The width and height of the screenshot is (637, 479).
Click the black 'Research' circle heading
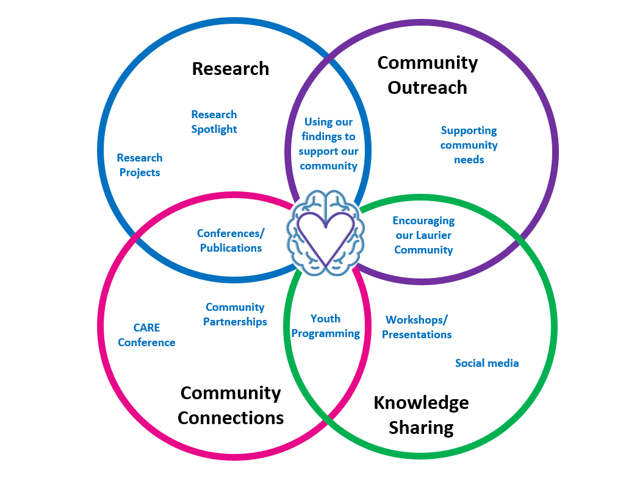231,68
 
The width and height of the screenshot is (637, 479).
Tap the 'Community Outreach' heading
427,75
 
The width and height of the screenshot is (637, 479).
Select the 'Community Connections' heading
231,406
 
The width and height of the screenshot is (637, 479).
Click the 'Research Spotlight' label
214,122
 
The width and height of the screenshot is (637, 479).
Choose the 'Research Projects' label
140,165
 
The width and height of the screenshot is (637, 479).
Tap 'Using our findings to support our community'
328,144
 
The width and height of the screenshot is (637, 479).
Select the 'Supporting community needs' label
469,145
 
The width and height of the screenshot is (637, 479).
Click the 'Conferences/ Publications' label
231,241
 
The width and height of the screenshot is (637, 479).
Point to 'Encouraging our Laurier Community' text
423,235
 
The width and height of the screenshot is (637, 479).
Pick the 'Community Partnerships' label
236,314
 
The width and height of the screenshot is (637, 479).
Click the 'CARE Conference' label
146,335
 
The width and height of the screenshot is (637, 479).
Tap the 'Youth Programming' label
325,326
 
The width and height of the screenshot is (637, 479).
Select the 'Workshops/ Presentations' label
417,327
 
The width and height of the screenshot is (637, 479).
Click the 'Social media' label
487,363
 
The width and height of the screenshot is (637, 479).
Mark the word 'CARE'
146,328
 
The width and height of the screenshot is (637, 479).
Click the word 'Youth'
325,319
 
